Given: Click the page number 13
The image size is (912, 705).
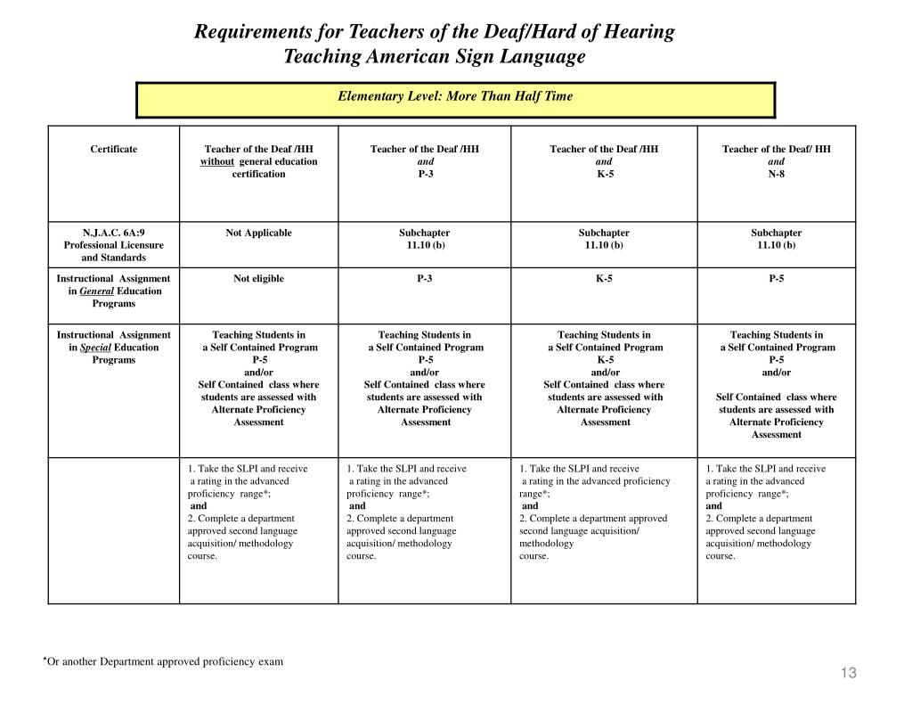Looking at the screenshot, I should [x=848, y=673].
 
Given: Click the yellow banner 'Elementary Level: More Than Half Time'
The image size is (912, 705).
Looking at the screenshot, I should [x=455, y=97].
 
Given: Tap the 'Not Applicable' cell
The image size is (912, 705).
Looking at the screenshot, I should [x=258, y=233].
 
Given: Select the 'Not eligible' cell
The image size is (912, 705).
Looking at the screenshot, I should [x=258, y=279].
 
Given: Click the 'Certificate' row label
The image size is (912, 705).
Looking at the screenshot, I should [x=113, y=149].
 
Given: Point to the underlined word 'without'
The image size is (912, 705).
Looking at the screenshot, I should [x=216, y=161].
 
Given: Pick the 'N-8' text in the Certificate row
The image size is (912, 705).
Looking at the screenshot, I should [x=776, y=174].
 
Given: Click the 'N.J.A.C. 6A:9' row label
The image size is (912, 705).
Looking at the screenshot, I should [x=113, y=233].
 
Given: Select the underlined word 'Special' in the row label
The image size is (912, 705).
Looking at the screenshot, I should [x=95, y=348].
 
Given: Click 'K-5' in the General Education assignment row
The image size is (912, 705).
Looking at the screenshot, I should [x=604, y=279].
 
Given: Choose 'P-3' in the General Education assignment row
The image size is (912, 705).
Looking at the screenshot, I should [x=425, y=279].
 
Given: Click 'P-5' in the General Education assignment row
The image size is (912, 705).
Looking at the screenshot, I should [x=776, y=279].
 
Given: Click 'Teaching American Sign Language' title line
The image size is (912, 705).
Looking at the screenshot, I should [x=435, y=57].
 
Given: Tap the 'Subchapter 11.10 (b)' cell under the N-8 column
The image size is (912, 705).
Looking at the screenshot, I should [x=776, y=239].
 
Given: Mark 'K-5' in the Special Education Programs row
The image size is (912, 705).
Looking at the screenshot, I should [x=605, y=360].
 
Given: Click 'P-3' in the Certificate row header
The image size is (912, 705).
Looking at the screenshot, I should [x=425, y=174].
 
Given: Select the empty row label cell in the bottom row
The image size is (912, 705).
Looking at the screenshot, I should [x=113, y=530].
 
